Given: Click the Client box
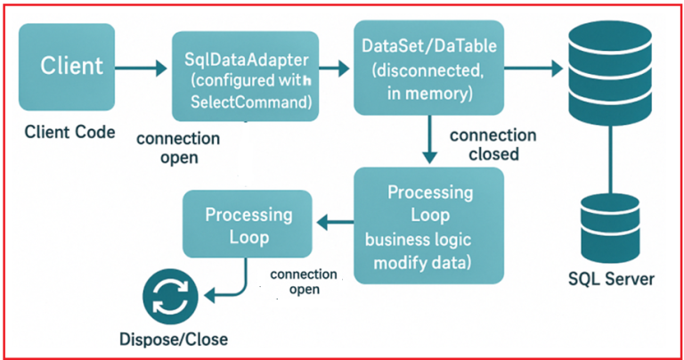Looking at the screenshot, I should pos(71,67).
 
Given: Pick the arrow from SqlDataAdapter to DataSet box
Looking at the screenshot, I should pos(335,67).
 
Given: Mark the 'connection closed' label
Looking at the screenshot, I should pos(493,144).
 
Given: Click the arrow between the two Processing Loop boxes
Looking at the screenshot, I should pos(335,226).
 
